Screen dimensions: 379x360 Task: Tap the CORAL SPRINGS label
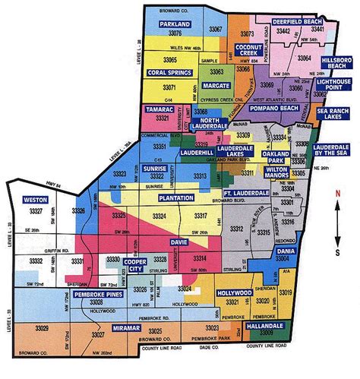coord(168,74)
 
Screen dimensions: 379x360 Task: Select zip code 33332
coord(36,261)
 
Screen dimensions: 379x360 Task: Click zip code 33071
coord(168,88)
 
